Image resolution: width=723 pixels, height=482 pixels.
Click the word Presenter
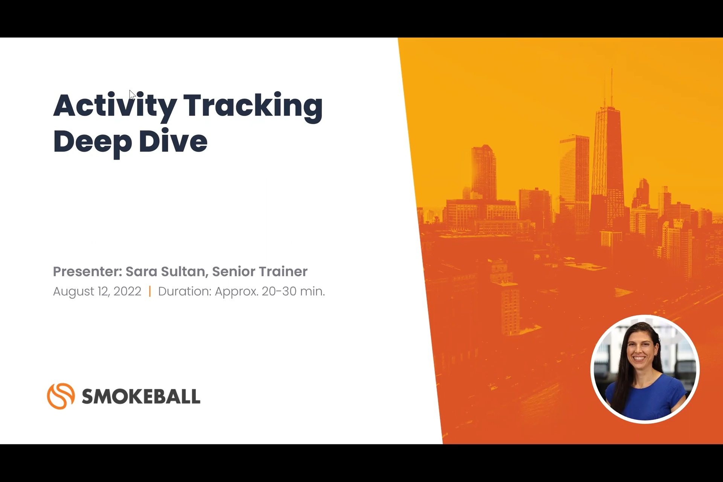click(x=87, y=272)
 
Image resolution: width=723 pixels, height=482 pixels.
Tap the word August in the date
click(x=73, y=292)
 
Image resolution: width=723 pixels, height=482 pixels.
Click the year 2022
click(x=127, y=291)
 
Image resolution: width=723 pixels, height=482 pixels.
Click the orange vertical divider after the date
click(x=150, y=291)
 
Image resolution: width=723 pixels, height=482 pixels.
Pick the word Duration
click(x=185, y=291)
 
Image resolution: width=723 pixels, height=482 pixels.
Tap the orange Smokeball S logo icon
click(x=61, y=396)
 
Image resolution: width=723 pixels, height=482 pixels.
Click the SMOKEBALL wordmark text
click(x=141, y=397)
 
